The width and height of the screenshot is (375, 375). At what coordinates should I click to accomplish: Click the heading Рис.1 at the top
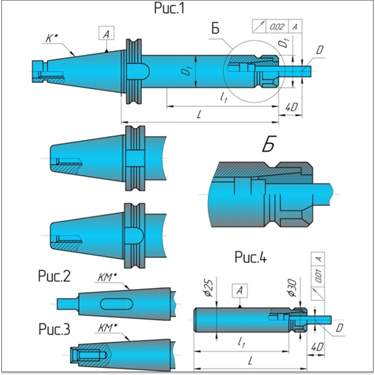(169, 8)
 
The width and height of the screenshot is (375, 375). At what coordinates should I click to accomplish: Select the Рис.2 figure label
(54, 277)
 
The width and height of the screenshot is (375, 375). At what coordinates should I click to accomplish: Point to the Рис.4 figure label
(251, 257)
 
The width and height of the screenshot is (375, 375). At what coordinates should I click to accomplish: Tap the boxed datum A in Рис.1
(106, 34)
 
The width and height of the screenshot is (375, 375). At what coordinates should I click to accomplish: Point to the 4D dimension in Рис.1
(291, 107)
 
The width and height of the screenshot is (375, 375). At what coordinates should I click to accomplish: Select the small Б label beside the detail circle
(215, 29)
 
